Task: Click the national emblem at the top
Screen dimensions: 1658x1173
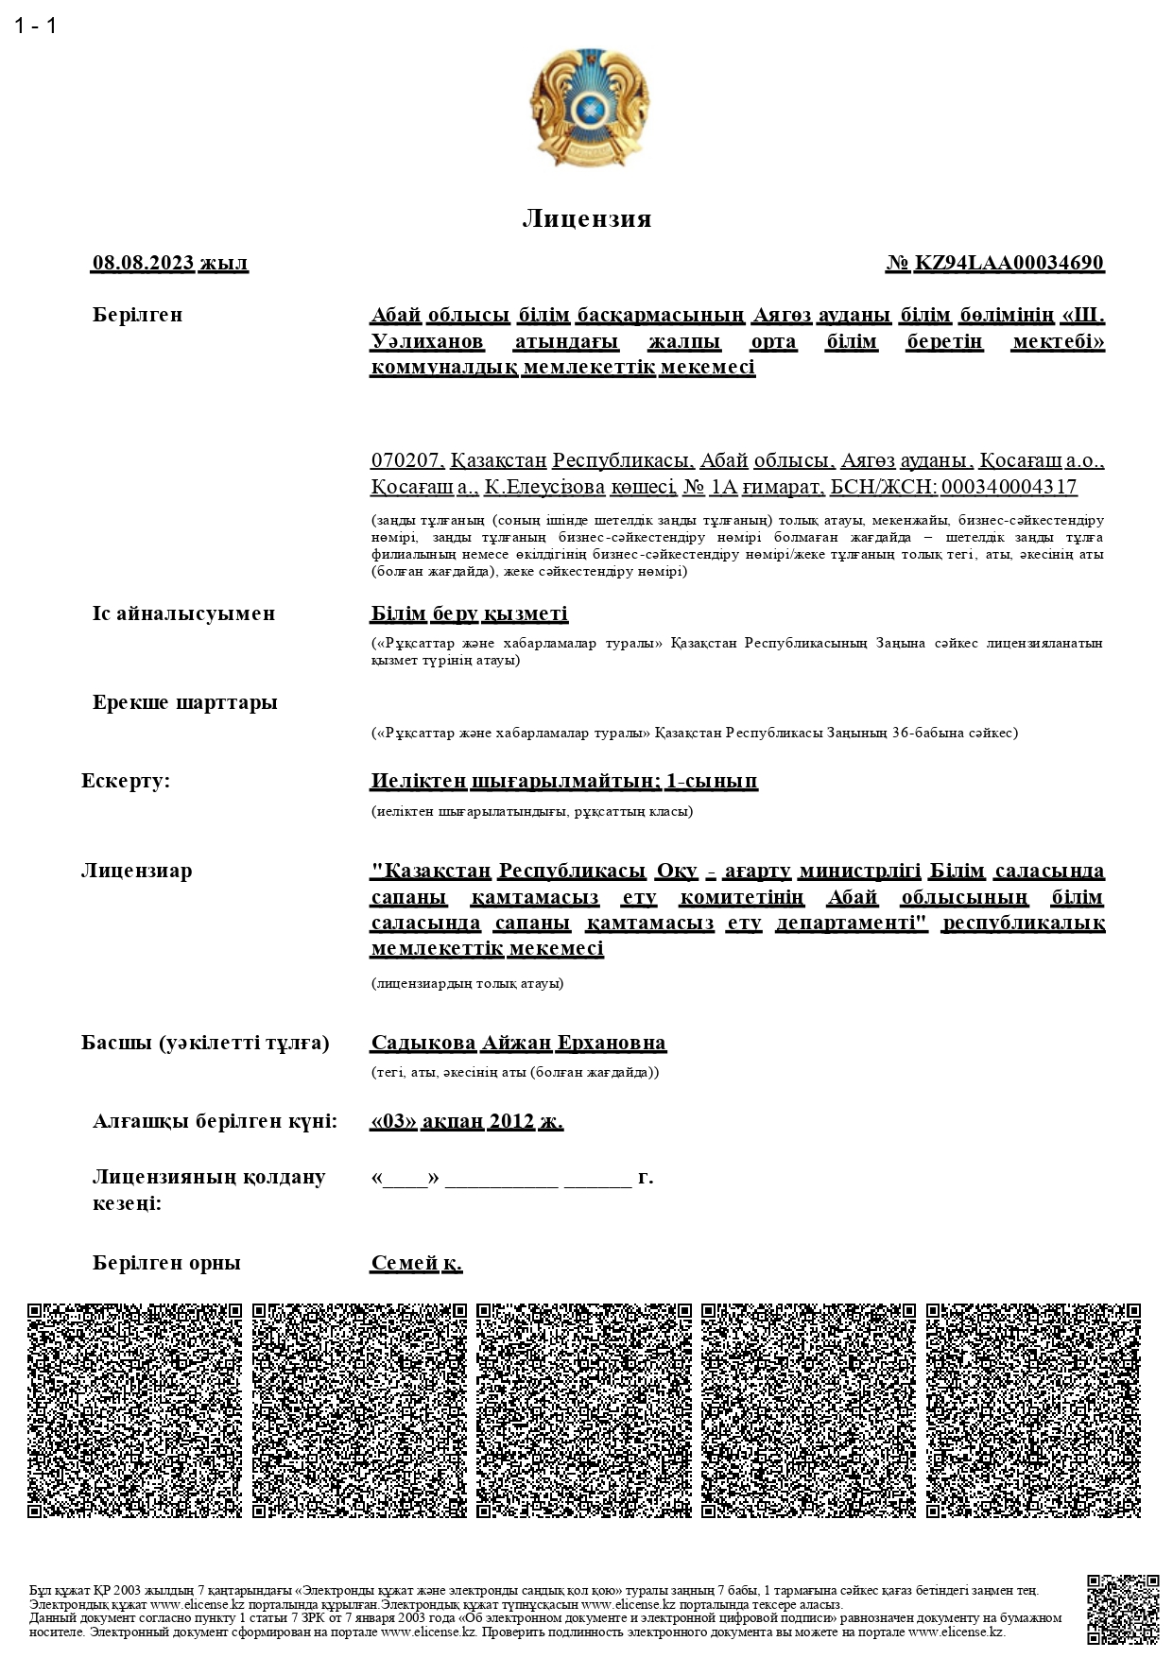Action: click(589, 108)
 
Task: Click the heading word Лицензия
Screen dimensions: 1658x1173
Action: click(587, 219)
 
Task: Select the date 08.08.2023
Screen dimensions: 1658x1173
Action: click(143, 263)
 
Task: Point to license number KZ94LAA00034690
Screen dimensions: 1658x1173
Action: click(1009, 263)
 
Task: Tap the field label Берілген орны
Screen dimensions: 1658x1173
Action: click(166, 1263)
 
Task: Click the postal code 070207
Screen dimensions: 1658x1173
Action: click(405, 460)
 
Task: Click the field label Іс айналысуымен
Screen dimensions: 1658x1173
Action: click(183, 613)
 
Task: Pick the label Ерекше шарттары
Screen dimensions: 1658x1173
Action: click(184, 702)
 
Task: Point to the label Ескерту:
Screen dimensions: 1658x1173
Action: click(126, 781)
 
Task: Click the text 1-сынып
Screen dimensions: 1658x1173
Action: click(712, 781)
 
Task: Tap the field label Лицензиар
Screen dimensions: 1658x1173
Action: click(136, 870)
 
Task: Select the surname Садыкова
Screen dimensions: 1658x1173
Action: click(423, 1043)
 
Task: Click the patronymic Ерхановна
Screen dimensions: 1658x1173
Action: click(612, 1043)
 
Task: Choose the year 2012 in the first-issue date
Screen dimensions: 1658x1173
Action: click(511, 1121)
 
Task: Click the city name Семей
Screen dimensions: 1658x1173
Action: click(405, 1263)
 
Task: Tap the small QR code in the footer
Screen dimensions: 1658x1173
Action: click(1123, 1610)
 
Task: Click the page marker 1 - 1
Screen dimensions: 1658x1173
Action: click(36, 26)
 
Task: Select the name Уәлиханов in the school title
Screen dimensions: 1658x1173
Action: click(427, 340)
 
